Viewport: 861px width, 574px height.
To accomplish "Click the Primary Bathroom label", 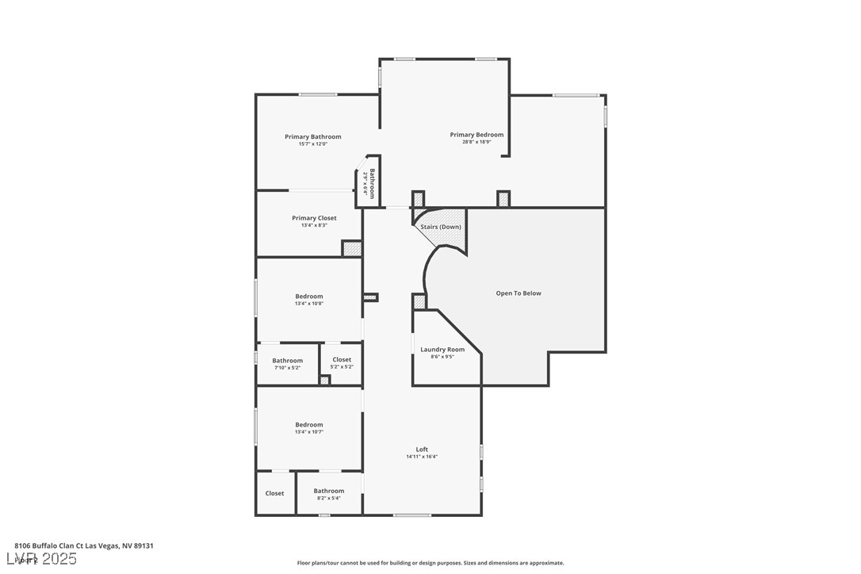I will click(x=313, y=137).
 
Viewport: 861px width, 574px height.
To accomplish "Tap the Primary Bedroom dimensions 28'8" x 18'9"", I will click(x=476, y=142).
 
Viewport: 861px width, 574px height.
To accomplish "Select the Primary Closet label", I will click(x=314, y=218).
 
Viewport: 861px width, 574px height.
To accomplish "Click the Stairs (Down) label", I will click(x=441, y=227).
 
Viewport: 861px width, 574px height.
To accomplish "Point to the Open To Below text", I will click(x=519, y=293).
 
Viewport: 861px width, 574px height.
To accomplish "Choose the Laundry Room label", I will click(x=442, y=350).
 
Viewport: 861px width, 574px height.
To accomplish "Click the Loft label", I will click(x=422, y=450).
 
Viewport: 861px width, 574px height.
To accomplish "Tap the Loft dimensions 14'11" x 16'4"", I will click(x=422, y=457).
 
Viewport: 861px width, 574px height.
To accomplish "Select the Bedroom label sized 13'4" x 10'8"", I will click(x=309, y=297).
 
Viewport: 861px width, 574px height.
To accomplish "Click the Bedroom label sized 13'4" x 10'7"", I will click(x=309, y=425).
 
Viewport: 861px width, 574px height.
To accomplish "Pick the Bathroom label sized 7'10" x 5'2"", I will click(x=288, y=361).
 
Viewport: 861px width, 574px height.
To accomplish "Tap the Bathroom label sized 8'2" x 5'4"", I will click(x=329, y=491).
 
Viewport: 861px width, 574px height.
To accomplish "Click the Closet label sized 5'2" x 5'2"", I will click(x=342, y=360).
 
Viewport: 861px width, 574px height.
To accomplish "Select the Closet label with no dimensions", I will click(x=274, y=493).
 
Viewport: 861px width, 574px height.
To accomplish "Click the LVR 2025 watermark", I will click(x=45, y=559).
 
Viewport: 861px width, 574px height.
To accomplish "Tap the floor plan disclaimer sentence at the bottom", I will click(x=430, y=563).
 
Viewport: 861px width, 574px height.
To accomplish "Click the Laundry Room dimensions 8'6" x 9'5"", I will click(x=442, y=357).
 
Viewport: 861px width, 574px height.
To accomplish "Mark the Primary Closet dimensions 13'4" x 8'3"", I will click(x=314, y=225).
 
